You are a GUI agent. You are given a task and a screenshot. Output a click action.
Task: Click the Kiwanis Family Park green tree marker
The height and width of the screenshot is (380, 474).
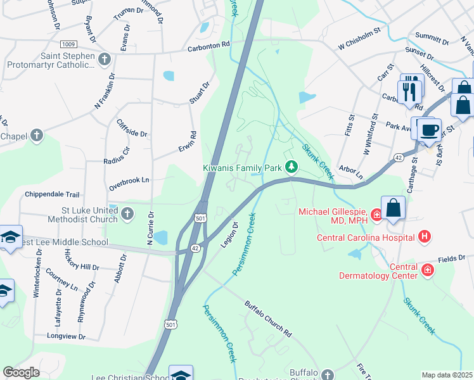pos(291,167)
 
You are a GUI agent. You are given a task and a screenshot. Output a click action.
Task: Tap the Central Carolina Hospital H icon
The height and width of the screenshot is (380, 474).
pos(425,237)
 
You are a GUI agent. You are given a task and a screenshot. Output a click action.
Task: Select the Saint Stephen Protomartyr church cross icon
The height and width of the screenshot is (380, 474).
pos(105,59)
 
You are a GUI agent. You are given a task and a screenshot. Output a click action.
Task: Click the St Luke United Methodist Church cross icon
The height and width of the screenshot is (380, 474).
pos(127,213)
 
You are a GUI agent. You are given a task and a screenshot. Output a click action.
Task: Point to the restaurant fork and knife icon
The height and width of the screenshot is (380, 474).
pos(411,89)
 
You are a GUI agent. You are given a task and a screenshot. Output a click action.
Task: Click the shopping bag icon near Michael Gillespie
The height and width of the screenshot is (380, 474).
pos(393,208)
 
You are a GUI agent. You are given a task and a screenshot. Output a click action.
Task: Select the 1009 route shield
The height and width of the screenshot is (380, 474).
pos(69,44)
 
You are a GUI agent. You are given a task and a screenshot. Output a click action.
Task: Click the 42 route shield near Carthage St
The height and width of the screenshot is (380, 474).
pos(398,156)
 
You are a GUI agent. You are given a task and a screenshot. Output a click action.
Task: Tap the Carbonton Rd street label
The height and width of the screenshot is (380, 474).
pos(208,48)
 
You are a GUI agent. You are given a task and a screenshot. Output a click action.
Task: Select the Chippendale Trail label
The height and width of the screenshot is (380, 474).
pos(52,194)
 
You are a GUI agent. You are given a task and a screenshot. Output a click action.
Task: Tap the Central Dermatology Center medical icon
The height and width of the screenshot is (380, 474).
pos(428,270)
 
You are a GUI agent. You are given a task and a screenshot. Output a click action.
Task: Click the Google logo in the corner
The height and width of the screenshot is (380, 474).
pos(21,372)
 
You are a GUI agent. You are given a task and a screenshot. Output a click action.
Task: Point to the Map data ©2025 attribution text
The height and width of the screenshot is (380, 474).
pos(446,375)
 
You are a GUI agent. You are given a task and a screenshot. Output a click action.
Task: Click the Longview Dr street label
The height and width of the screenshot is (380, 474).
pos(65,337)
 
